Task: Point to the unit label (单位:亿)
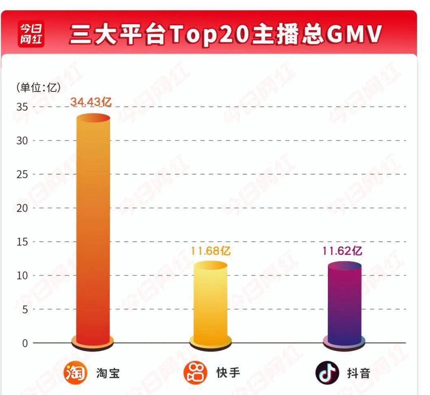[39, 87]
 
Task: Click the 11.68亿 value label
[210, 251]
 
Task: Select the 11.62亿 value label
[342, 251]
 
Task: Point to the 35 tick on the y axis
[22, 107]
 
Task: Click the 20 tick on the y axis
[22, 208]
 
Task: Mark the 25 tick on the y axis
[22, 174]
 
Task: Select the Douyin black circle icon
[327, 373]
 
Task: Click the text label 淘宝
[108, 373]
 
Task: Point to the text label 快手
[228, 373]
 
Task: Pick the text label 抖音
[359, 373]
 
